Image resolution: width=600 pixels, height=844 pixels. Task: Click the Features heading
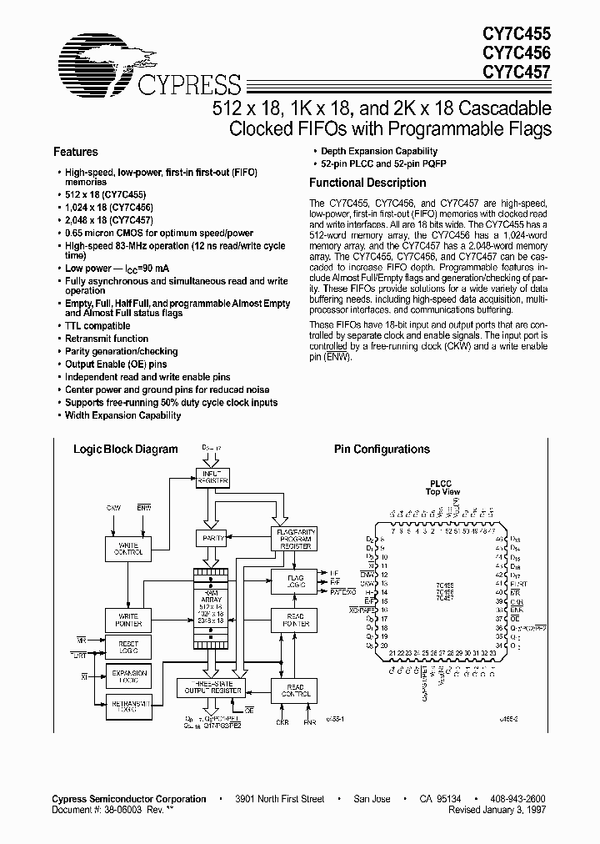[76, 153]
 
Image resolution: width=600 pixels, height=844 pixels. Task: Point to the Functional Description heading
[367, 183]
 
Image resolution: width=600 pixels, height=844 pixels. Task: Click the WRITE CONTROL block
[127, 548]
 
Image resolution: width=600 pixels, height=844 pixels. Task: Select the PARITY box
[209, 539]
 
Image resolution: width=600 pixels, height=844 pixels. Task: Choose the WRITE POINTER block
[127, 620]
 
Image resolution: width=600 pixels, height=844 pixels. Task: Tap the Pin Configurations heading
[382, 450]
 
